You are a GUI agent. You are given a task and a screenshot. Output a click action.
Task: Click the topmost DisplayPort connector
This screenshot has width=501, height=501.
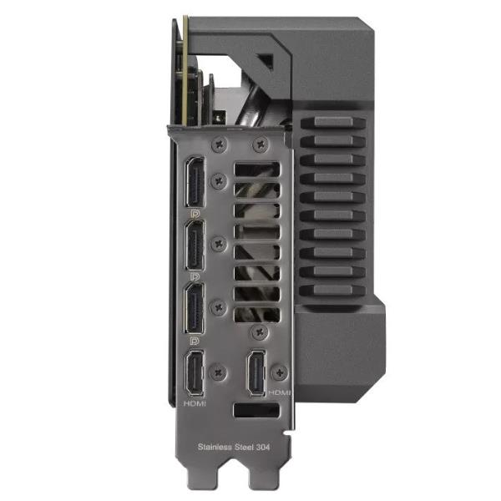pyautogui.click(x=195, y=181)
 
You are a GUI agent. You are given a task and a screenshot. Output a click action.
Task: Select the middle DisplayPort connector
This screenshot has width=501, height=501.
pyautogui.click(x=195, y=245)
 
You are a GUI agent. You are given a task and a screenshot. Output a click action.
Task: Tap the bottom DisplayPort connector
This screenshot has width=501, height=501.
pyautogui.click(x=195, y=308)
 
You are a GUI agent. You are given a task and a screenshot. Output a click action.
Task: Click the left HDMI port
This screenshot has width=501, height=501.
pyautogui.click(x=195, y=374)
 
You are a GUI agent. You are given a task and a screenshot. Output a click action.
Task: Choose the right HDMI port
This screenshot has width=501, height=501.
pyautogui.click(x=257, y=373)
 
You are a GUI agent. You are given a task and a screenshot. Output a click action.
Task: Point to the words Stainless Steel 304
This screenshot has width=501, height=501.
pyautogui.click(x=234, y=447)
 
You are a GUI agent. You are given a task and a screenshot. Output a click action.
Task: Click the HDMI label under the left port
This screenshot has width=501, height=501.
pyautogui.click(x=195, y=403)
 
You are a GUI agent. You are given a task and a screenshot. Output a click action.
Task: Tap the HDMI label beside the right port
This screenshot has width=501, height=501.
pyautogui.click(x=279, y=392)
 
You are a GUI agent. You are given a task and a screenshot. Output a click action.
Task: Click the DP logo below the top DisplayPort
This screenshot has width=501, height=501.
pyautogui.click(x=195, y=214)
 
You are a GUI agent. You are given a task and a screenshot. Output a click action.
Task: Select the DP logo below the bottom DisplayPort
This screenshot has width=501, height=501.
pyautogui.click(x=195, y=341)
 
